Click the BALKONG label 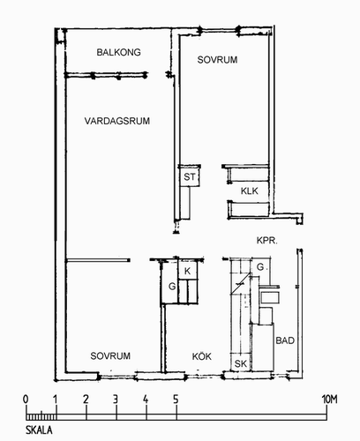pyautogui.click(x=119, y=52)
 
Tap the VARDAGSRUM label pyautogui.click(x=117, y=121)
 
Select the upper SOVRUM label pyautogui.click(x=217, y=60)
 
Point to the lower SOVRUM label pyautogui.click(x=110, y=356)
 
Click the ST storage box pyautogui.click(x=190, y=176)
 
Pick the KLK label pyautogui.click(x=250, y=191)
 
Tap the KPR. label pyautogui.click(x=267, y=241)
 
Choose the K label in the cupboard pyautogui.click(x=187, y=271)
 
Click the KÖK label pyautogui.click(x=202, y=356)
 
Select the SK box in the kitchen pyautogui.click(x=241, y=363)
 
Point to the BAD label pyautogui.click(x=285, y=340)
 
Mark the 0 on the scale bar pyautogui.click(x=26, y=400)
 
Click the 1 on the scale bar pyautogui.click(x=56, y=400)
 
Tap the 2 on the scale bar pyautogui.click(x=86, y=400)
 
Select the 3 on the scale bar pyautogui.click(x=116, y=400)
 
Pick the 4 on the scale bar pyautogui.click(x=146, y=400)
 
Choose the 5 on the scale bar pyautogui.click(x=176, y=400)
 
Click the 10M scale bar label pyautogui.click(x=329, y=400)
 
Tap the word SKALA pyautogui.click(x=39, y=430)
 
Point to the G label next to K pyautogui.click(x=172, y=286)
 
